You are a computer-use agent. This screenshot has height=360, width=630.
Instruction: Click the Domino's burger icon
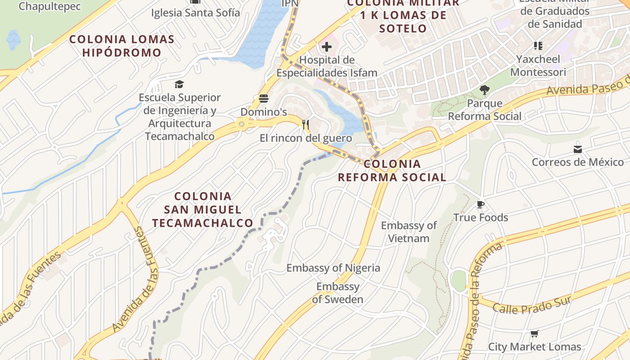tap(264, 99)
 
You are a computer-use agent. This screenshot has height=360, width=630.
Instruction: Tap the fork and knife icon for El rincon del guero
tap(306, 125)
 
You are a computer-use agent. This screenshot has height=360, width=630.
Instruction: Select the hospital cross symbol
tap(327, 46)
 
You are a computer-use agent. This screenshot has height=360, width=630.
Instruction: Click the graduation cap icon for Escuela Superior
tap(180, 84)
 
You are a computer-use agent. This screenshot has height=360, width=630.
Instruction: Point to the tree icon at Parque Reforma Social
tap(484, 90)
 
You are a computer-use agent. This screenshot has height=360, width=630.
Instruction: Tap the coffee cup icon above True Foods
tap(481, 205)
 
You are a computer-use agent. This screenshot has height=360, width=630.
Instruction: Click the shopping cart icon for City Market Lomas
tap(535, 334)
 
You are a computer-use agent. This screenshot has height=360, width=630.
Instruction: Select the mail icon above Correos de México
tap(578, 149)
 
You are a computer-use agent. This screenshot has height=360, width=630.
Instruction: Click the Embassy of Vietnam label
tap(409, 232)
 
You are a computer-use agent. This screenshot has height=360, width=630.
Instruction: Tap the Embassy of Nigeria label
tap(333, 268)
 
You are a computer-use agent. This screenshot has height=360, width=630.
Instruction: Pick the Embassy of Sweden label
tap(337, 293)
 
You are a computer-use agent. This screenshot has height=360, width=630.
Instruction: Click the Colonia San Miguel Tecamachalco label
tap(202, 210)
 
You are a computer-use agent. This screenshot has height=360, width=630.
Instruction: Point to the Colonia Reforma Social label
tap(392, 171)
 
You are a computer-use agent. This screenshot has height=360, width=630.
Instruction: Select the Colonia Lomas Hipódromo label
tap(121, 46)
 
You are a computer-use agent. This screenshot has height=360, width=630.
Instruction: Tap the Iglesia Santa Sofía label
tap(196, 13)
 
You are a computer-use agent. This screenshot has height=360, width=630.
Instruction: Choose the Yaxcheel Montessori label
tap(538, 66)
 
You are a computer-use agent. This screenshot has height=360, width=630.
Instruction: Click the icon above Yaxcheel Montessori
tap(538, 46)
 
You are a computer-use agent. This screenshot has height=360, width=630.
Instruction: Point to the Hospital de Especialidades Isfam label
tap(327, 66)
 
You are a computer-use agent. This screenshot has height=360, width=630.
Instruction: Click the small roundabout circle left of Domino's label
tap(242, 124)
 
